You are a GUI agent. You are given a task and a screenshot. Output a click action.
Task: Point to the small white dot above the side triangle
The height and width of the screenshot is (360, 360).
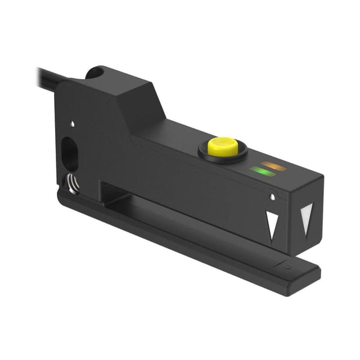[273, 197]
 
